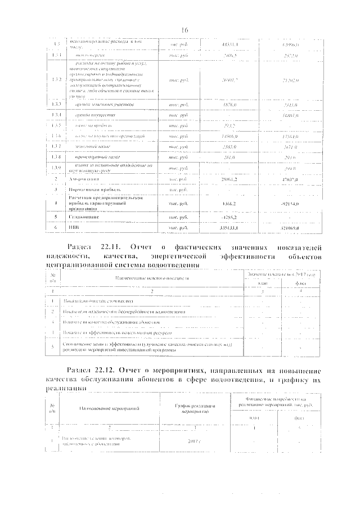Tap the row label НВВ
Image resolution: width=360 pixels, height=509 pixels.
[75, 228]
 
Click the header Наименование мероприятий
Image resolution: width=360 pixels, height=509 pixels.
[109, 408]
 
